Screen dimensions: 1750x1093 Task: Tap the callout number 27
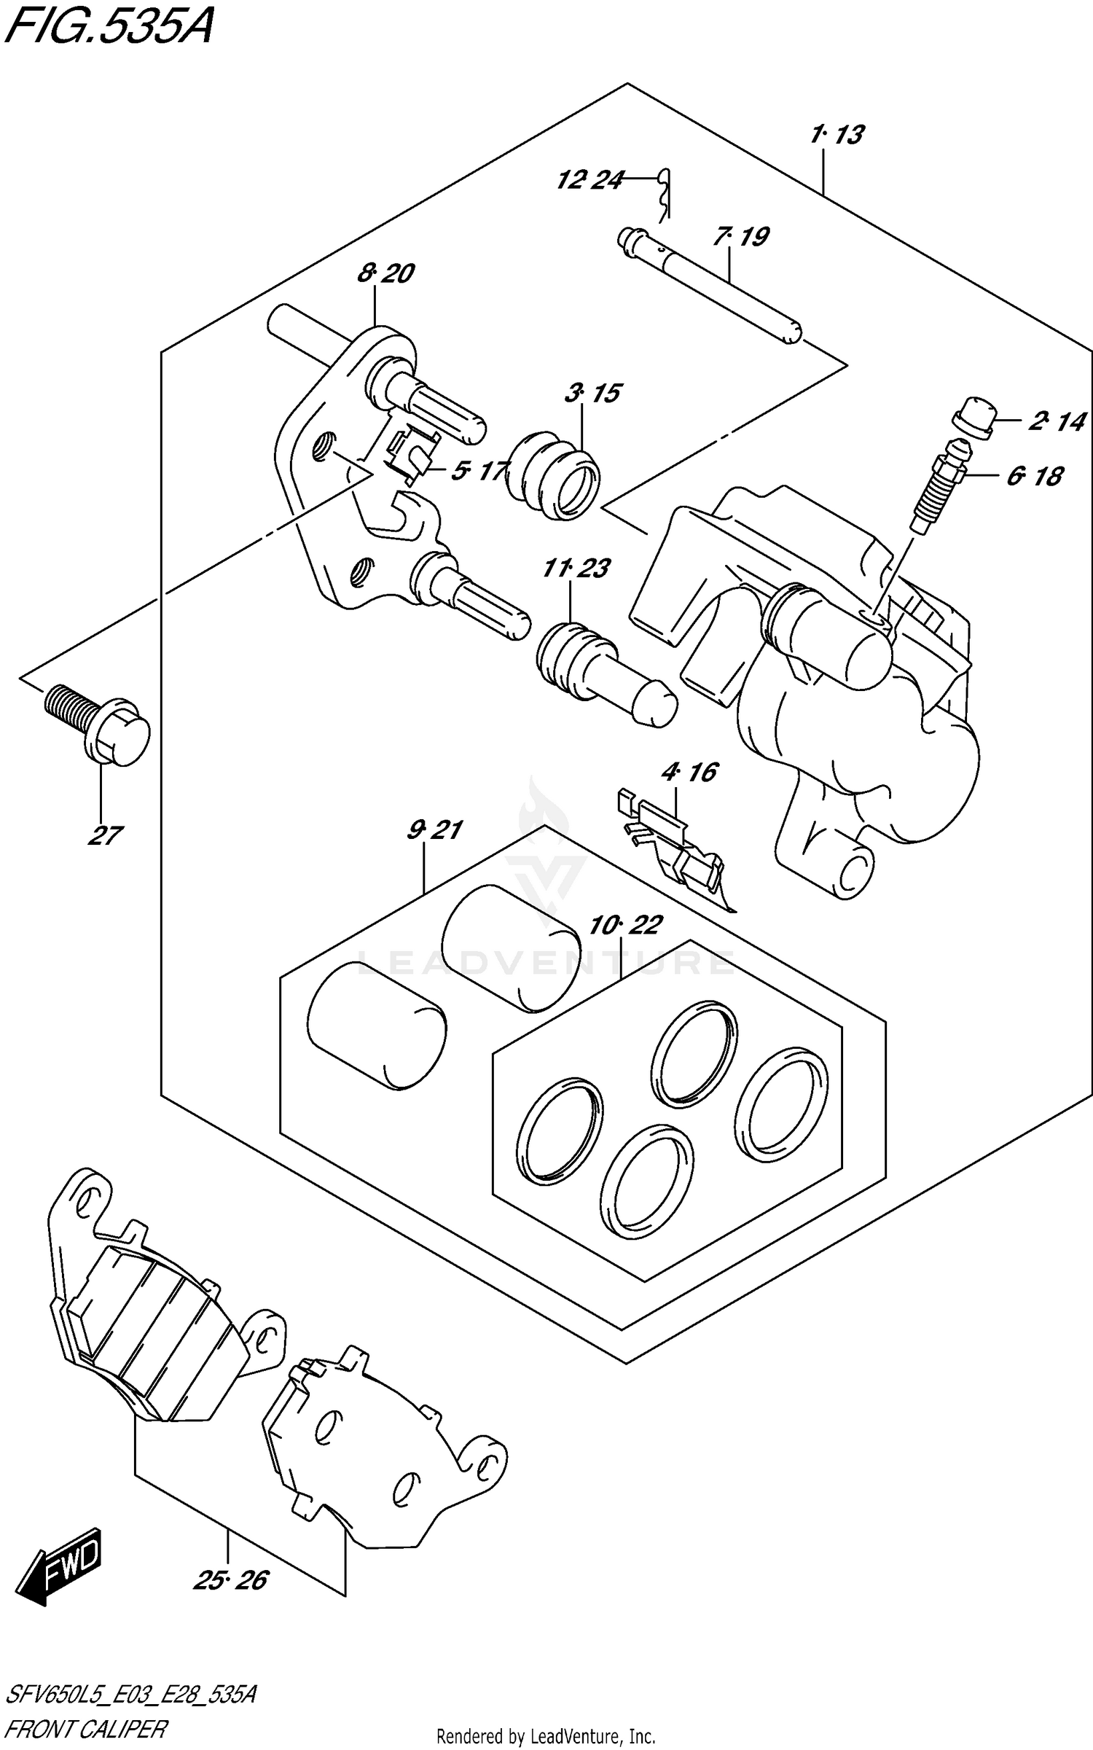(x=105, y=835)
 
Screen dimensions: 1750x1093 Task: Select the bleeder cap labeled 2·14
(x=973, y=417)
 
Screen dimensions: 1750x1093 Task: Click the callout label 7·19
(x=741, y=237)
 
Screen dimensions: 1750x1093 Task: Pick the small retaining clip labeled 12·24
(x=665, y=193)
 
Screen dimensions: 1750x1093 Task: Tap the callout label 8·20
(x=385, y=273)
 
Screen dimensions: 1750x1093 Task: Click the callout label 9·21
(x=434, y=829)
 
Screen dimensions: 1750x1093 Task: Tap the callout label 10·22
(x=625, y=925)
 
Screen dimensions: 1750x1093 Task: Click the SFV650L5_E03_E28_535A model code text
(x=130, y=1695)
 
